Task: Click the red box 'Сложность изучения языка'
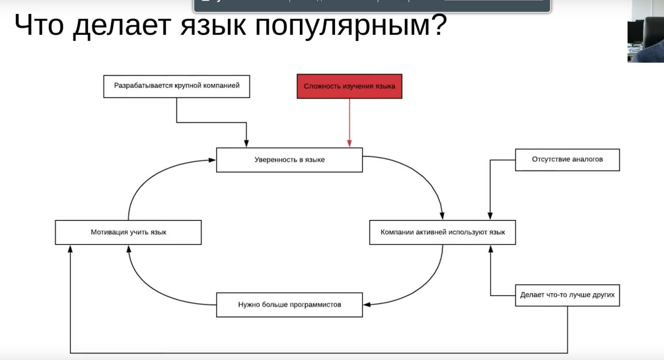tap(350, 86)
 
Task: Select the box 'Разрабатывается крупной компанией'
tap(177, 86)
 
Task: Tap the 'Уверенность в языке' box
tap(289, 160)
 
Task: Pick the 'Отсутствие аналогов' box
tap(568, 160)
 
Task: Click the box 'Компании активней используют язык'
tap(442, 232)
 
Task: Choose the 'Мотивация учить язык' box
tap(128, 232)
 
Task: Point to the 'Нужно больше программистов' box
tap(289, 305)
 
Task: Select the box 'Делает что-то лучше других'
tap(568, 295)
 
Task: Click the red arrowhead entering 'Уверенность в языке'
tap(350, 144)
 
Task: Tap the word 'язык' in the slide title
tap(213, 25)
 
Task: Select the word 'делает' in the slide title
tap(122, 26)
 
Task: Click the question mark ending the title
tap(439, 24)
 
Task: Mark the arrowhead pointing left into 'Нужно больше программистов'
tap(367, 304)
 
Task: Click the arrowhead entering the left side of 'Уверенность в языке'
tap(212, 160)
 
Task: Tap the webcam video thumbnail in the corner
tap(646, 31)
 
